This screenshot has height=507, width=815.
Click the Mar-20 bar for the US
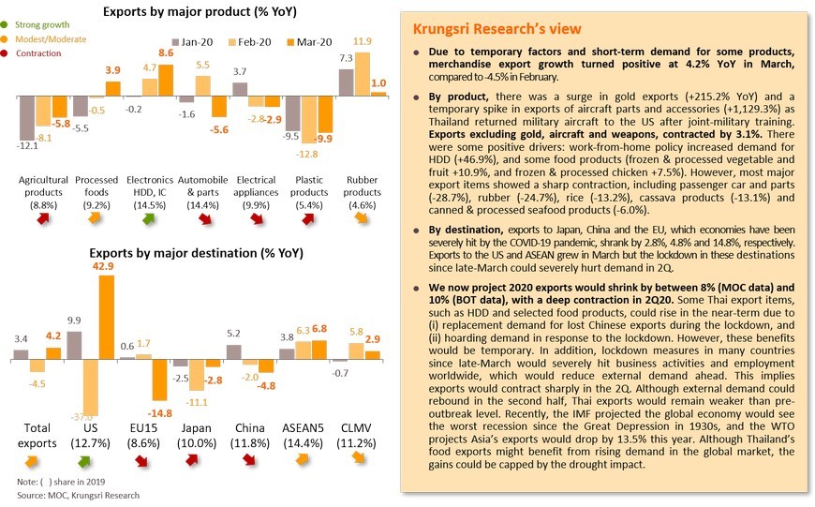(107, 317)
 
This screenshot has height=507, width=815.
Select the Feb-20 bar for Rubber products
(363, 74)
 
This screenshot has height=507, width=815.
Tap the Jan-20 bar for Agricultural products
(27, 118)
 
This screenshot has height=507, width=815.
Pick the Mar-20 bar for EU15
(159, 380)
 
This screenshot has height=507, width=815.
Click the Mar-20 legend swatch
(290, 42)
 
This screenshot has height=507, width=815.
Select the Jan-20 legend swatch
(175, 42)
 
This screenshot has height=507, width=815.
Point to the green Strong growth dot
(4, 24)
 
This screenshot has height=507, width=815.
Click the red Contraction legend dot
(4, 53)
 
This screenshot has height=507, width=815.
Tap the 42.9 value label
(103, 266)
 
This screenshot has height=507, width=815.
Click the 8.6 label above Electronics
(166, 52)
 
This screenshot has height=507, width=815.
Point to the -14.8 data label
(159, 413)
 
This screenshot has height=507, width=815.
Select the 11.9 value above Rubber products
(363, 41)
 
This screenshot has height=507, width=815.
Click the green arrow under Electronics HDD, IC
(149, 219)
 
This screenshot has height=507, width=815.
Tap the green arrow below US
(83, 461)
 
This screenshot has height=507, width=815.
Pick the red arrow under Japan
(192, 460)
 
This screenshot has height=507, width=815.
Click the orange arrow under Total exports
(31, 461)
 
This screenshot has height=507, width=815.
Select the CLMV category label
(356, 428)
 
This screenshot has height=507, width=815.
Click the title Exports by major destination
(196, 253)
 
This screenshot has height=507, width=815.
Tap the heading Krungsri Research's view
(496, 29)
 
